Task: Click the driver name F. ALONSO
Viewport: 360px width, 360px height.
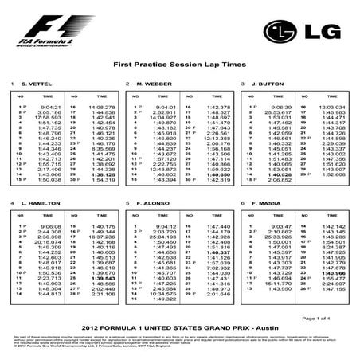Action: point(152,204)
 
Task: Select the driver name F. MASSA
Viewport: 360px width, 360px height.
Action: point(266,204)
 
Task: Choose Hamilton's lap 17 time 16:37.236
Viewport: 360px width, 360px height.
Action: point(103,237)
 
